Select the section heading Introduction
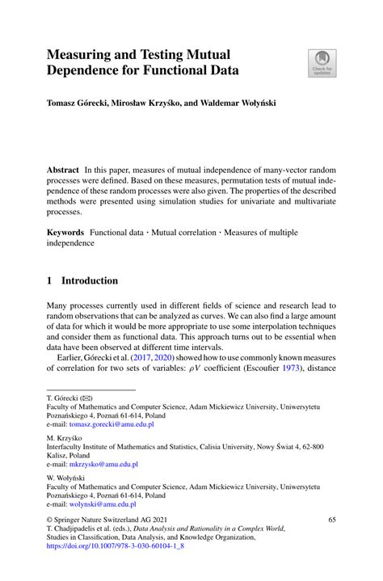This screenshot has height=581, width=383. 90,280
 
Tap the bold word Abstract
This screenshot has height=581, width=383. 62,171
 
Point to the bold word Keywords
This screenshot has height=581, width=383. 65,232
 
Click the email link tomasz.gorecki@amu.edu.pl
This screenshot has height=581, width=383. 112,423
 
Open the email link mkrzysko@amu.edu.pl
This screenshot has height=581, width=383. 93,465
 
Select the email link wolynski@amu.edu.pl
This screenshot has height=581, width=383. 90,506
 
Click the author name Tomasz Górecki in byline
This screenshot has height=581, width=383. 79,105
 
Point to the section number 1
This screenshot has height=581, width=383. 49,280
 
